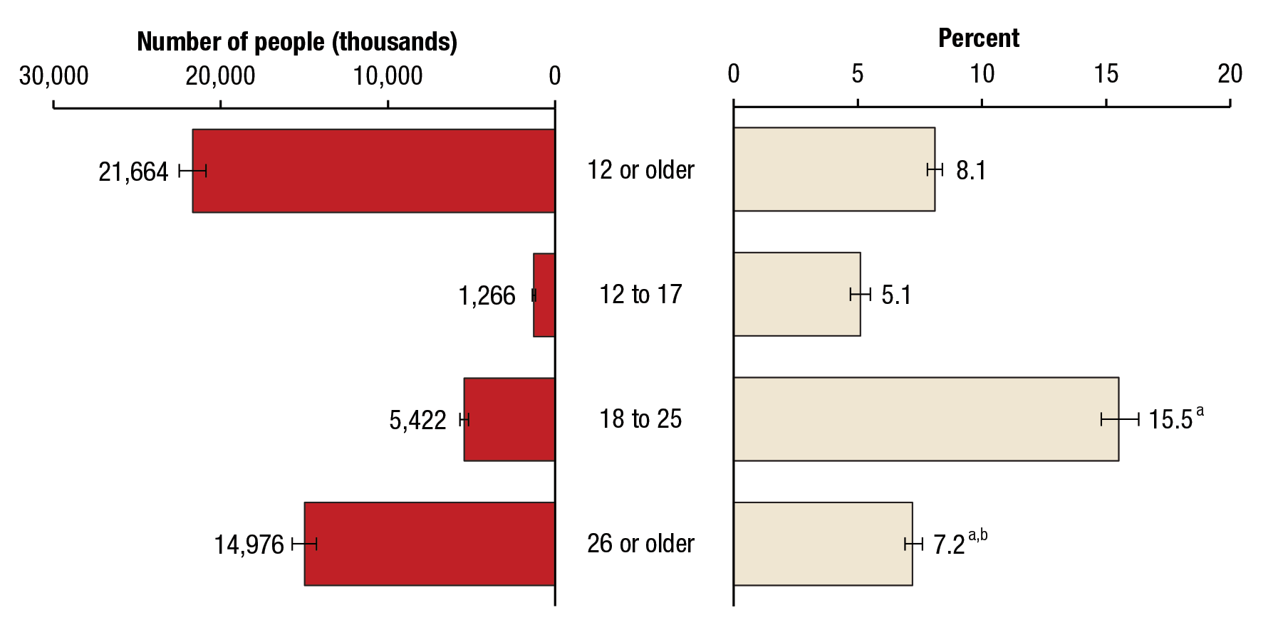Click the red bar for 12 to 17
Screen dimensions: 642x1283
pos(544,295)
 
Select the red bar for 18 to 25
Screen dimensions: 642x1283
pos(509,419)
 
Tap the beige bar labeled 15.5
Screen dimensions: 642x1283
pos(925,419)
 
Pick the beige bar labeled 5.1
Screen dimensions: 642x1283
pos(796,294)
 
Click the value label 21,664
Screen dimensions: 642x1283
pos(133,172)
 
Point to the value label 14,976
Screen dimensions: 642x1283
pos(249,545)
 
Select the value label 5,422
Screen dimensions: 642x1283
pos(417,421)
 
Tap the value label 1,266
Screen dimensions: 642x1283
pos(487,296)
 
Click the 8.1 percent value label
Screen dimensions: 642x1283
pos(971,171)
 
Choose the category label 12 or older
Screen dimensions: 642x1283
pos(640,170)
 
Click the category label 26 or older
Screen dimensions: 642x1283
pos(640,544)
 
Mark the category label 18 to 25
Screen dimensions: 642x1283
pos(640,419)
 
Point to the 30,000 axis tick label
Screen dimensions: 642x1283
pos(54,76)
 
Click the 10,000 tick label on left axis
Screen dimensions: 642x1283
pos(388,76)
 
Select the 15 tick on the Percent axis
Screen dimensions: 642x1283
pos(1106,74)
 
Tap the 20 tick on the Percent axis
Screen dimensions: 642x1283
pos(1230,74)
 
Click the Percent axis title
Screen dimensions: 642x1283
pos(979,38)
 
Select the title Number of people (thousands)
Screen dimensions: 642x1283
pos(297,42)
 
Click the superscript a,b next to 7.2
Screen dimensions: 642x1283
pos(977,535)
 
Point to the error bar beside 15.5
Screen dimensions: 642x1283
pos(1120,419)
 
